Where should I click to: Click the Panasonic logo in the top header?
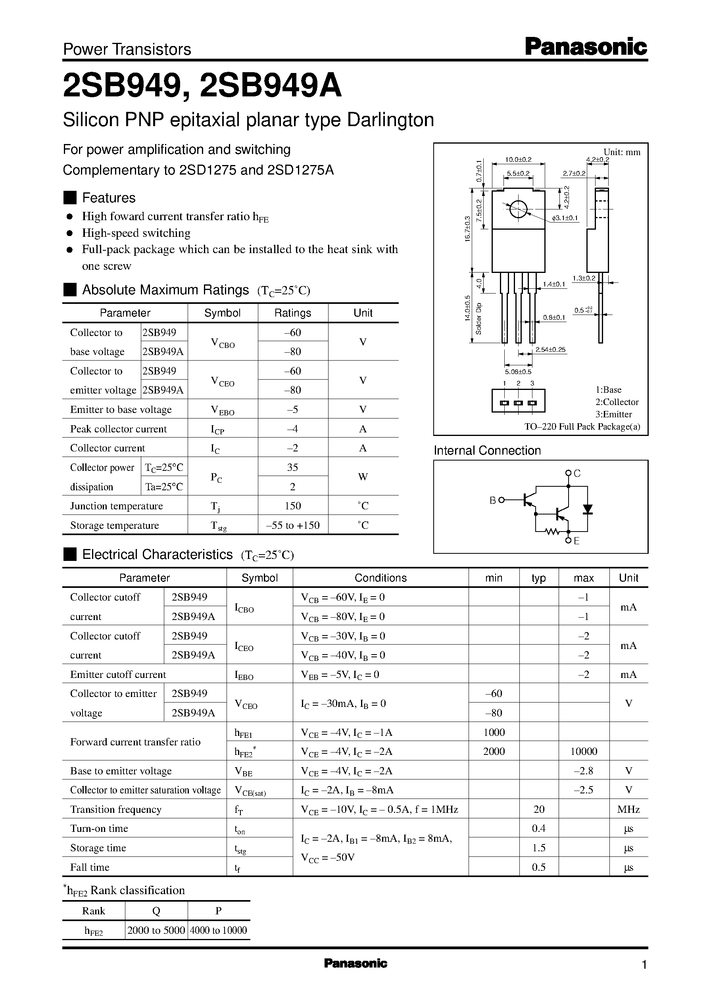coord(586,47)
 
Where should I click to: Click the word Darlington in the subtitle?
coord(390,120)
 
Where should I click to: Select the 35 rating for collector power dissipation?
coord(292,467)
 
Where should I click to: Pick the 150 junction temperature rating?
coord(292,506)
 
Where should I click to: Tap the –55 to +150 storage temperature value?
coord(292,525)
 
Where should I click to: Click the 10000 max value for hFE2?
coord(584,751)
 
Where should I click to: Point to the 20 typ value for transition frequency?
coord(539,809)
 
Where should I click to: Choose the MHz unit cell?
coord(628,809)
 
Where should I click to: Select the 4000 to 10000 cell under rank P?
coord(219,930)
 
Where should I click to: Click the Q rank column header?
coord(156,911)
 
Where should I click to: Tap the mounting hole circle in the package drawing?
coord(518,209)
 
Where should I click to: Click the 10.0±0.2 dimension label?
coord(518,160)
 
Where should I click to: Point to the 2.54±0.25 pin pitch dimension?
coord(551,350)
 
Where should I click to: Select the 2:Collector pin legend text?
coord(617,402)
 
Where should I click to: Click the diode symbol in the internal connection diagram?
coord(588,509)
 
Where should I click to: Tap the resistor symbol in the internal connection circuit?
coord(553,532)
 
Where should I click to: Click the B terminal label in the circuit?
coord(492,500)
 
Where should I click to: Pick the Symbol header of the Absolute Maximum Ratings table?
coord(223,313)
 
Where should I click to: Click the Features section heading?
coord(109,198)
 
